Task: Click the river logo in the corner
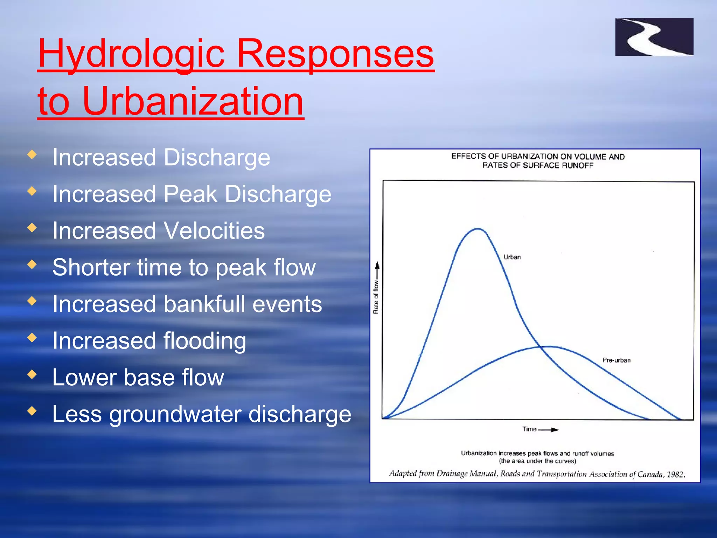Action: point(654,37)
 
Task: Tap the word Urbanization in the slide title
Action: point(193,102)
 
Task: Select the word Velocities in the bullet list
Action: point(214,231)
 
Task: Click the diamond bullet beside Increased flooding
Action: point(32,337)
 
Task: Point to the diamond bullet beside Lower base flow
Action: point(32,374)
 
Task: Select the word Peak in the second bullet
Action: point(190,194)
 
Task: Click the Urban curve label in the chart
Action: point(512,257)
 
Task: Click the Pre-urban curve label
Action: point(616,360)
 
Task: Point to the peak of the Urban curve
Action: point(478,229)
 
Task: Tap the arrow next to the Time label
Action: point(549,429)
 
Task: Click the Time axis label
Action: point(529,429)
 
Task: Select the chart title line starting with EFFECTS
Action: point(537,157)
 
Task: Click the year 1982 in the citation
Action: point(675,474)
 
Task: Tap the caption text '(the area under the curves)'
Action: point(537,461)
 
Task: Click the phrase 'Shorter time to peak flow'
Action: point(184,268)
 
